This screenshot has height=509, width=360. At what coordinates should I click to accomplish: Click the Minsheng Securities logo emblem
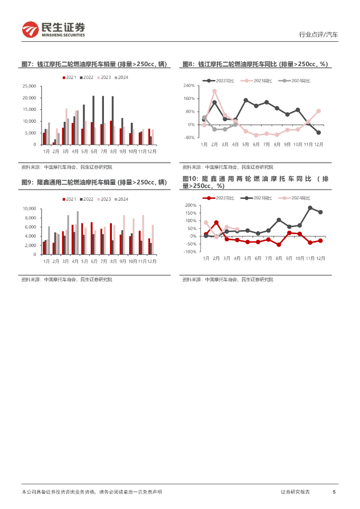click(x=30, y=29)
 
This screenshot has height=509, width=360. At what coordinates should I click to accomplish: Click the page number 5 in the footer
click(x=334, y=492)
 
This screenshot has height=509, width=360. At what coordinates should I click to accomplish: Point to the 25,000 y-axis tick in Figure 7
click(x=29, y=86)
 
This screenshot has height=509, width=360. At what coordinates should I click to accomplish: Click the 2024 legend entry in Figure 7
click(x=121, y=78)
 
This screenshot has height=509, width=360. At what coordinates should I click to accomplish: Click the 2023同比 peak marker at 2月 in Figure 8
click(x=214, y=91)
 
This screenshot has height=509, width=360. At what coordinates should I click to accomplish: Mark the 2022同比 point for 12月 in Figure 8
click(x=318, y=132)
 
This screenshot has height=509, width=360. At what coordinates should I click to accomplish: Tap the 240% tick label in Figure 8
click(x=189, y=85)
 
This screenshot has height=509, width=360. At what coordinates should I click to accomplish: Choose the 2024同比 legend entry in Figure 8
click(x=297, y=81)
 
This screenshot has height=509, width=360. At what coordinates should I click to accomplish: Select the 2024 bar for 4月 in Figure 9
click(x=78, y=233)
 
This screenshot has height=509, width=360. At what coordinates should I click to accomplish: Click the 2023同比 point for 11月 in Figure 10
click(x=310, y=208)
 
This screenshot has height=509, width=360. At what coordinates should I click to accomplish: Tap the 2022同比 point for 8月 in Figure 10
click(x=279, y=245)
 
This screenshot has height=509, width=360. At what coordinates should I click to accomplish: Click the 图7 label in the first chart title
click(x=27, y=65)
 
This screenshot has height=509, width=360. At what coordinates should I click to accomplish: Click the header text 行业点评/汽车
click(x=318, y=35)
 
